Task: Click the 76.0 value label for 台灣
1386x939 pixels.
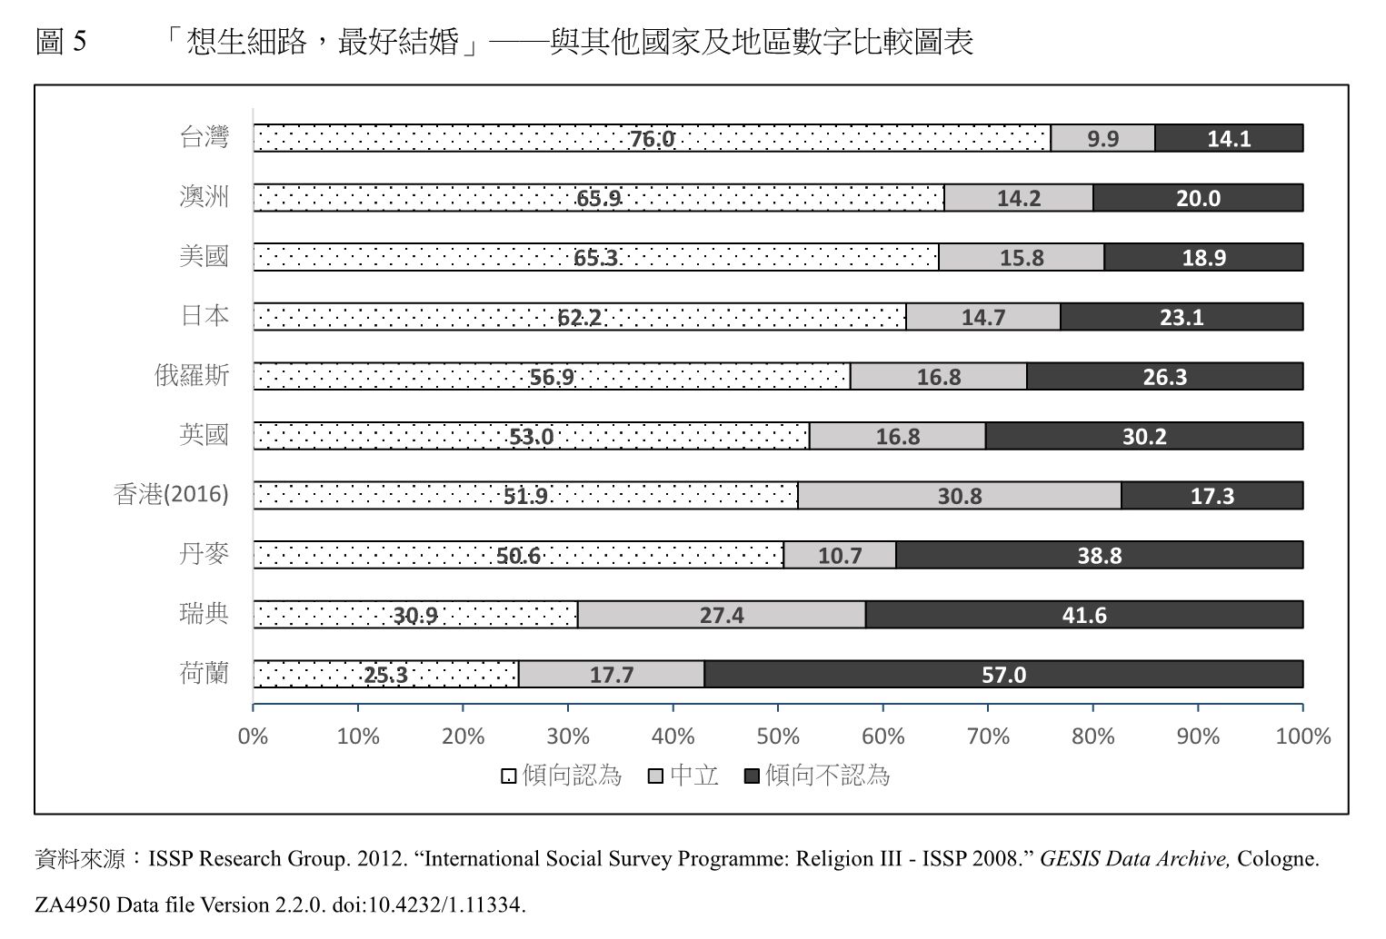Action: click(x=653, y=139)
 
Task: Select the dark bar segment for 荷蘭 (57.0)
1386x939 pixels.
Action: click(x=1003, y=675)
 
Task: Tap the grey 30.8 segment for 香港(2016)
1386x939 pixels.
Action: click(x=960, y=496)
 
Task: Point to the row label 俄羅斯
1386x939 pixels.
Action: click(x=192, y=376)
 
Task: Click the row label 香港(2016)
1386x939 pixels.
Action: click(x=171, y=495)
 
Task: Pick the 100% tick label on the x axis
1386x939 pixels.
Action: click(x=1302, y=736)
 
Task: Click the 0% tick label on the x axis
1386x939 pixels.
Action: click(x=253, y=736)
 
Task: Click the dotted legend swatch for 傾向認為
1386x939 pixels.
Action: click(x=509, y=776)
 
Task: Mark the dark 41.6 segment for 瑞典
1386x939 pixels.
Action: click(x=1084, y=615)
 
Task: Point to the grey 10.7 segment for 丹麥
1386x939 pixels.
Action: click(x=840, y=555)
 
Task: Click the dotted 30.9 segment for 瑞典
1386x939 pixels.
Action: click(x=415, y=615)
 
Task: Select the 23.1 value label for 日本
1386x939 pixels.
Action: click(x=1182, y=317)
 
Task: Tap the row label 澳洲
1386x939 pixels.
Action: click(x=204, y=197)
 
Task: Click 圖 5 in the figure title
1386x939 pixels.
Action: click(x=61, y=42)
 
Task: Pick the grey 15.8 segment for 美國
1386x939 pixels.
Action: click(x=1022, y=258)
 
